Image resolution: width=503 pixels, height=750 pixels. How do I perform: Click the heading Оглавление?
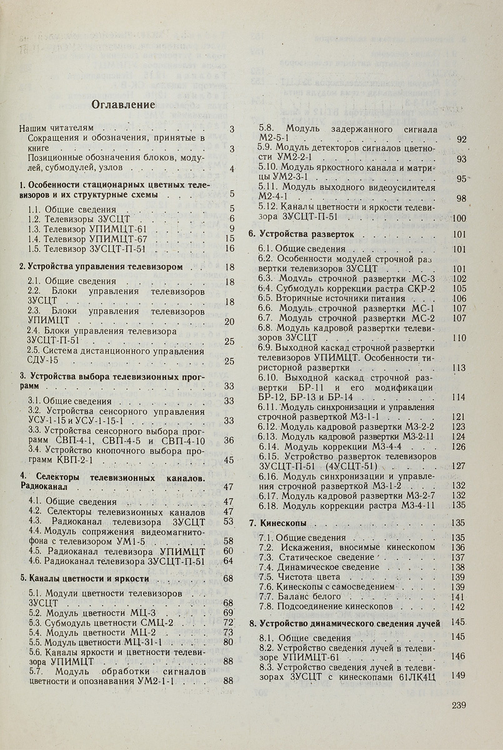tap(124, 104)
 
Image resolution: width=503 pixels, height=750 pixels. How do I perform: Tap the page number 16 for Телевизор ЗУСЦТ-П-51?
tap(229, 249)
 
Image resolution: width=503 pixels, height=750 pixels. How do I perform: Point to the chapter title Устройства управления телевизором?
tap(105, 267)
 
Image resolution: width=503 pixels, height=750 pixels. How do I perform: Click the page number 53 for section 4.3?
tap(229, 521)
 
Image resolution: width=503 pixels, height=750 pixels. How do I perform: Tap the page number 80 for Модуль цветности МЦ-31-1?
tap(229, 642)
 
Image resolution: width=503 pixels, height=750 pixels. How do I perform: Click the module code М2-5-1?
tap(271, 139)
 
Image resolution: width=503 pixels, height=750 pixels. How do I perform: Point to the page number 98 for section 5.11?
tap(462, 199)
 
